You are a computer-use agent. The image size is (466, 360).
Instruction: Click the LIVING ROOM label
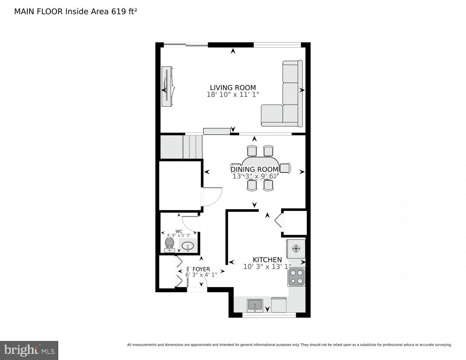pyautogui.click(x=233, y=87)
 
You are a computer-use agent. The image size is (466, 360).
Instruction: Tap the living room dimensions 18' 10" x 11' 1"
pyautogui.click(x=233, y=95)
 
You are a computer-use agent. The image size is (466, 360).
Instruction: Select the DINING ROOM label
pyautogui.click(x=254, y=169)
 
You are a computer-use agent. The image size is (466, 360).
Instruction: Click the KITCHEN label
pyautogui.click(x=267, y=260)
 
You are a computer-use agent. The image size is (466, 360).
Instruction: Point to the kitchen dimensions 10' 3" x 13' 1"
pyautogui.click(x=267, y=267)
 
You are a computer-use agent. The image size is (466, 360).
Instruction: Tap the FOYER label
pyautogui.click(x=201, y=269)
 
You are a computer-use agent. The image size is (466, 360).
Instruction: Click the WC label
pyautogui.click(x=179, y=231)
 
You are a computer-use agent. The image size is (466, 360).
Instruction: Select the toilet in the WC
pyautogui.click(x=169, y=244)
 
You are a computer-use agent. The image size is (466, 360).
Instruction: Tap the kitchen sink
pyautogui.click(x=255, y=305)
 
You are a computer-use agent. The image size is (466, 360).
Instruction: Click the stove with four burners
pyautogui.click(x=297, y=277)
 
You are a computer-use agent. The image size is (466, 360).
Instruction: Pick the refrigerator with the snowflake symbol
pyautogui.click(x=296, y=249)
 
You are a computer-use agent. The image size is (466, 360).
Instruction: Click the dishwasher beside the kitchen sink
pyautogui.click(x=279, y=305)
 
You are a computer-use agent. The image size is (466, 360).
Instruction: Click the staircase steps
pyautogui.click(x=193, y=147)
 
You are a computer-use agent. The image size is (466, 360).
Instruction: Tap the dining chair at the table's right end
pyautogui.click(x=285, y=168)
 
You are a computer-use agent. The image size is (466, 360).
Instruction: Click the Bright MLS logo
pyautogui.click(x=29, y=350)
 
